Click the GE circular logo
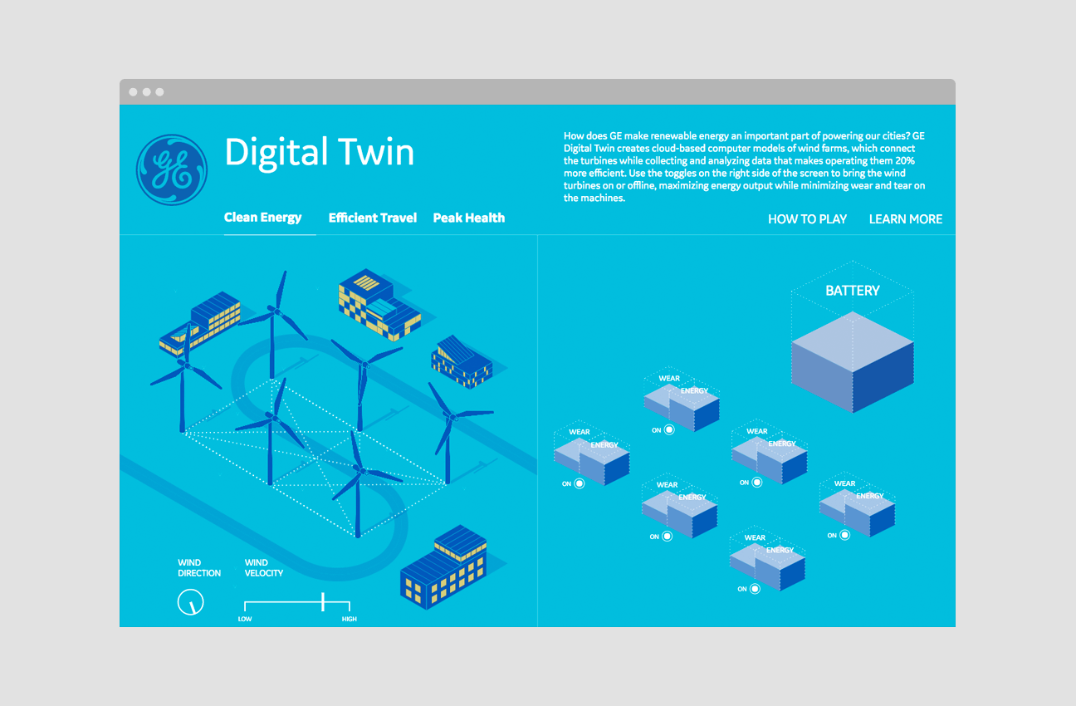pyautogui.click(x=172, y=170)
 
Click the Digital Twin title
pyautogui.click(x=319, y=153)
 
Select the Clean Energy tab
pyautogui.click(x=263, y=218)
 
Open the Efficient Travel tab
pyautogui.click(x=373, y=218)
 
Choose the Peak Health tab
pyautogui.click(x=469, y=218)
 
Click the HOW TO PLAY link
pyautogui.click(x=807, y=219)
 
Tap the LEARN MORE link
pyautogui.click(x=906, y=219)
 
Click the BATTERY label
pyautogui.click(x=852, y=291)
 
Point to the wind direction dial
pyautogui.click(x=191, y=602)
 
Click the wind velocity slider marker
pyautogui.click(x=323, y=602)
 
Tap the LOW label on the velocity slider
pyautogui.click(x=245, y=619)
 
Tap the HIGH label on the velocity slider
pyautogui.click(x=350, y=619)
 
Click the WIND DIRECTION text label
pyautogui.click(x=199, y=568)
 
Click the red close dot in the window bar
pyautogui.click(x=133, y=92)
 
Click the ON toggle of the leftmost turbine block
pyautogui.click(x=580, y=483)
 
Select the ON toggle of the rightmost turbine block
pyautogui.click(x=844, y=535)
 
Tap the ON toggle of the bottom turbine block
pyautogui.click(x=755, y=589)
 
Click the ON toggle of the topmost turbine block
pyautogui.click(x=669, y=429)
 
